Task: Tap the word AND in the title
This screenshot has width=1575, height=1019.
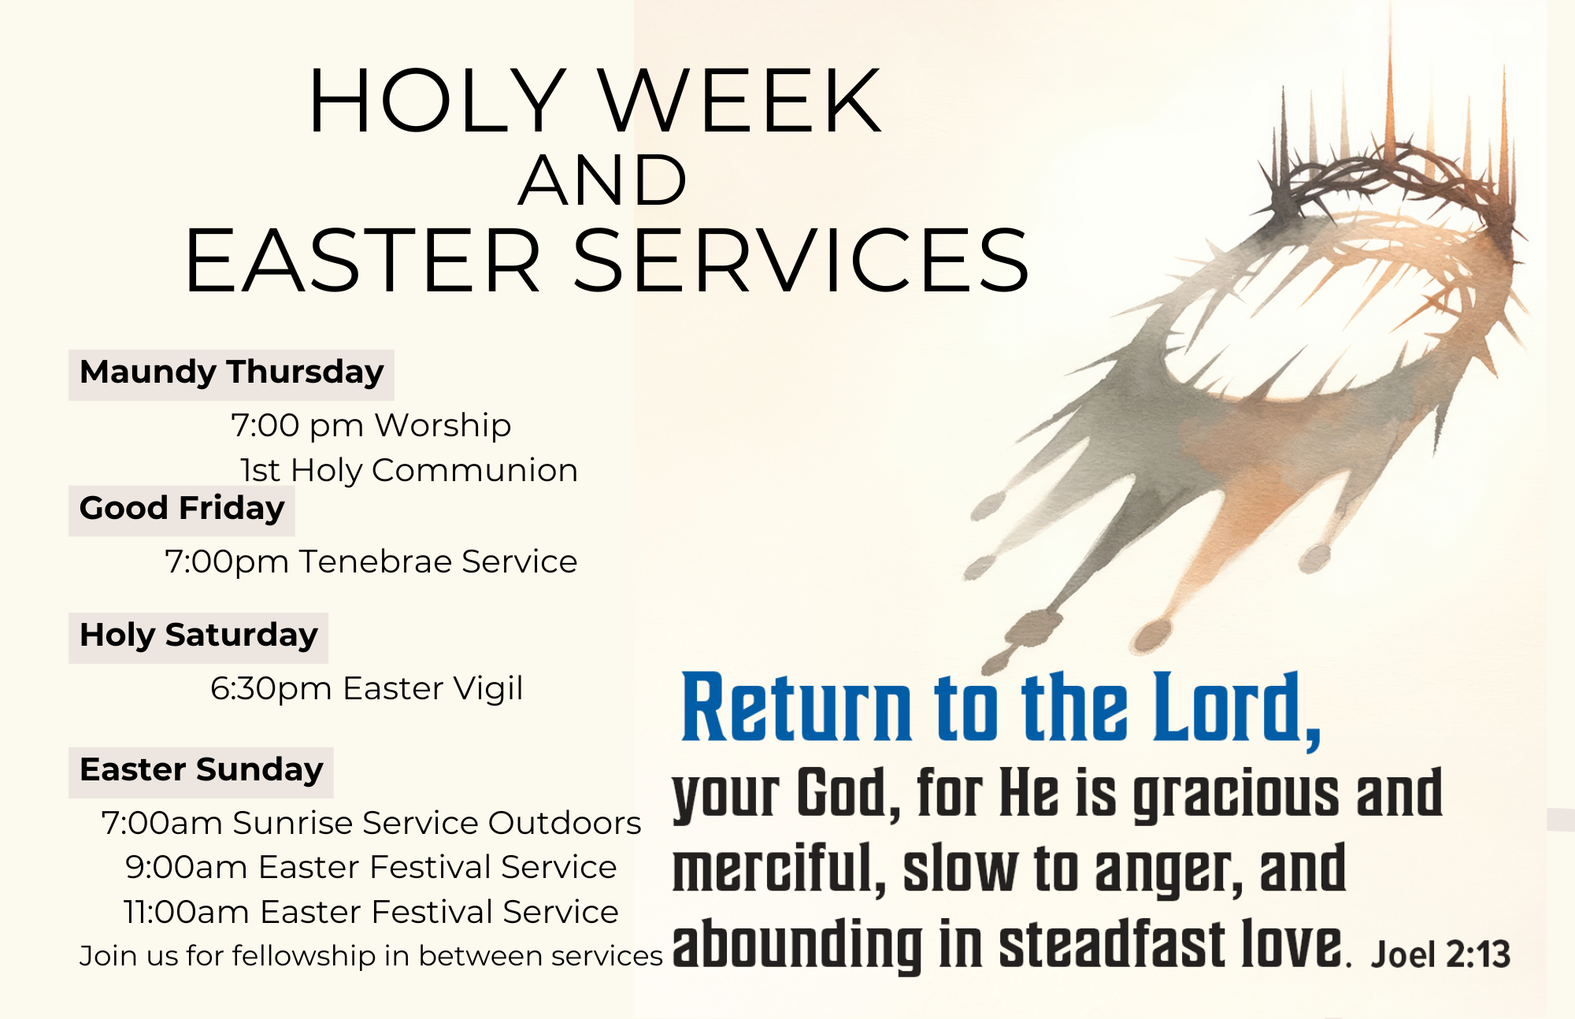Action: [602, 180]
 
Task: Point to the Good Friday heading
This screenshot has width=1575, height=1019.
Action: [182, 509]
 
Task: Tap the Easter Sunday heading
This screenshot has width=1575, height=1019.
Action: [202, 770]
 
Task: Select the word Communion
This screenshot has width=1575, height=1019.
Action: [475, 470]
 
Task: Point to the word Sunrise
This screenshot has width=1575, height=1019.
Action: [292, 823]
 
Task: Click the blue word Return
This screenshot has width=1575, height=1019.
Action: [797, 706]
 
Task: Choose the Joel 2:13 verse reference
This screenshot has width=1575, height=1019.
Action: [1441, 954]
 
